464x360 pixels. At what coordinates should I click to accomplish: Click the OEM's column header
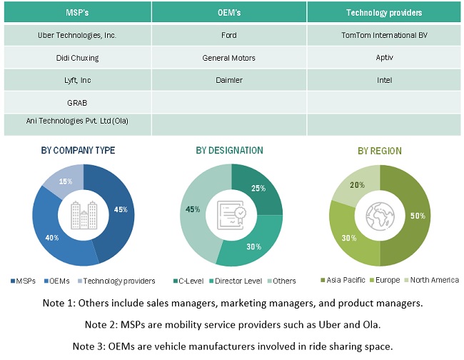(228, 12)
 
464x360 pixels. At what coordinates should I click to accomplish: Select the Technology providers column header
(384, 12)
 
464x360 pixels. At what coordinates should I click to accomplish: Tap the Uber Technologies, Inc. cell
(77, 35)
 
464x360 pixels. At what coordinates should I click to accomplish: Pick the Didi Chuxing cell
(77, 57)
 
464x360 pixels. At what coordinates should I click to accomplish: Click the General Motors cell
(228, 57)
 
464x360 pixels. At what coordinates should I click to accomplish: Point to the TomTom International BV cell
(384, 35)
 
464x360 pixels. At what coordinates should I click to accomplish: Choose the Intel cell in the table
(384, 80)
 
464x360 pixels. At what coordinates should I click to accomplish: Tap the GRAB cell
(77, 102)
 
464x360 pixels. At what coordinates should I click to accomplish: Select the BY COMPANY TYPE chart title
(78, 151)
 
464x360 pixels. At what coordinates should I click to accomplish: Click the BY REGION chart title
(380, 151)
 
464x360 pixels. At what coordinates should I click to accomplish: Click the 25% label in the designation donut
(258, 188)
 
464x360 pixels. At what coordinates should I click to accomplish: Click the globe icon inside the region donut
(380, 215)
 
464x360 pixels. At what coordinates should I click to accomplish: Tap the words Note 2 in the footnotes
(101, 325)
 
